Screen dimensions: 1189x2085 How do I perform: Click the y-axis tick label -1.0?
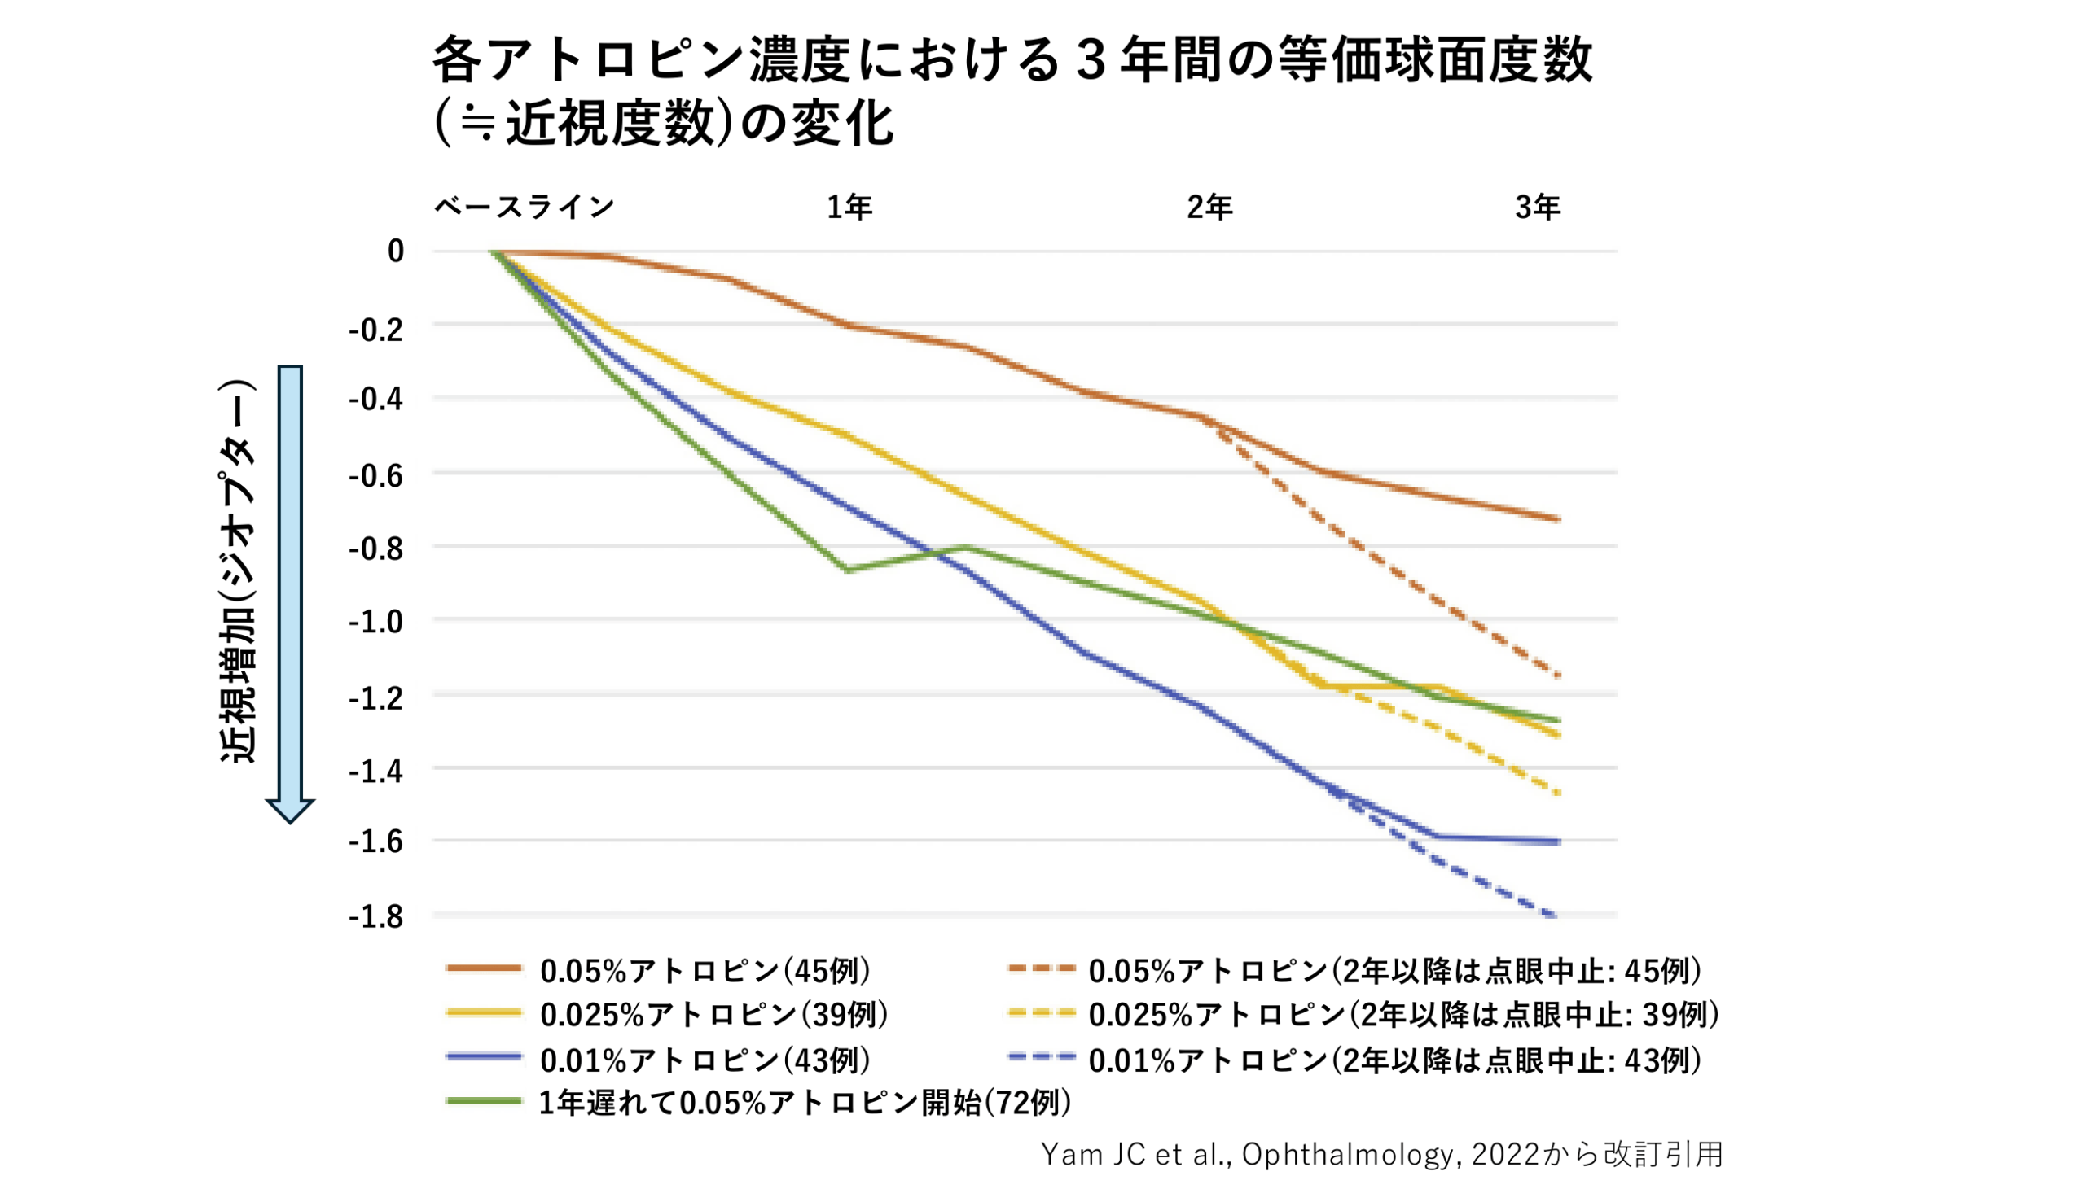[375, 623]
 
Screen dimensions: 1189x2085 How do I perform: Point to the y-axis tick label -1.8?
[375, 917]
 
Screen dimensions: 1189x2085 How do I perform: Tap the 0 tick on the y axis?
[396, 251]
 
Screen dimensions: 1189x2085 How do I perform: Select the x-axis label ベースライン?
[524, 208]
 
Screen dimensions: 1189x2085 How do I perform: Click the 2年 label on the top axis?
[1209, 208]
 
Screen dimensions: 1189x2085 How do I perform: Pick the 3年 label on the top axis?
[1538, 208]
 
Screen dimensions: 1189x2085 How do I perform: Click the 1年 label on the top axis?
[849, 208]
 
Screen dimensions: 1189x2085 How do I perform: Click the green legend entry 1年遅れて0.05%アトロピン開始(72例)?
[804, 1104]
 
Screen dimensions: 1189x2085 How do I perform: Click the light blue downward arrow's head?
[290, 810]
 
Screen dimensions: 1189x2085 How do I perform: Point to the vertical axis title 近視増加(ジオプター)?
[239, 571]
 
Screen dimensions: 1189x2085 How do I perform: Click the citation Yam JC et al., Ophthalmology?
[1380, 1155]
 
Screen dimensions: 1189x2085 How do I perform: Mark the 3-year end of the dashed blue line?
[1557, 917]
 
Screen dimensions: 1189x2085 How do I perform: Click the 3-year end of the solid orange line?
[1558, 518]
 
